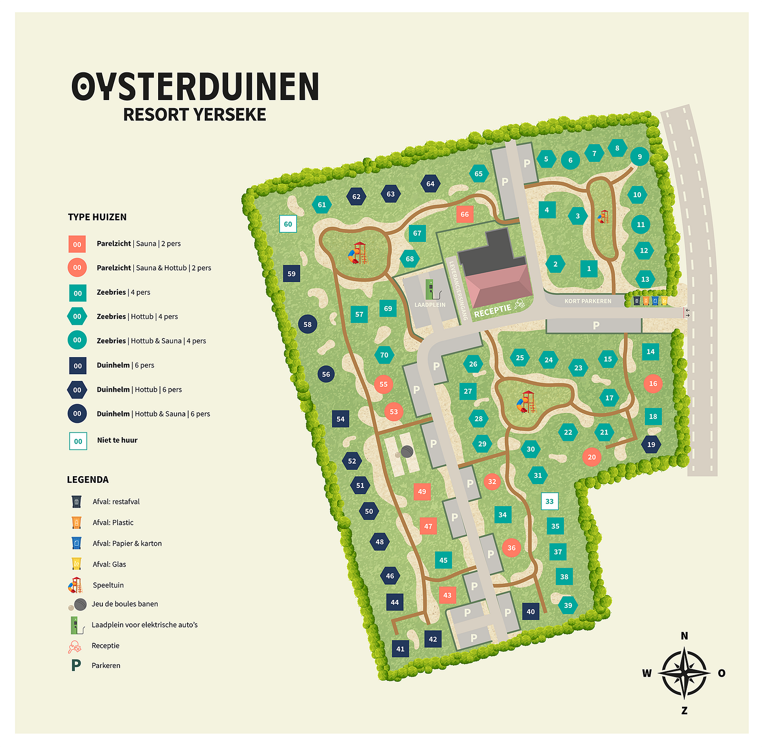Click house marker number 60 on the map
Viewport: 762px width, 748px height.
pyautogui.click(x=288, y=224)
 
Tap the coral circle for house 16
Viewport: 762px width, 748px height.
pyautogui.click(x=652, y=383)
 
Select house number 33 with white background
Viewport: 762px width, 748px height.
pyautogui.click(x=550, y=501)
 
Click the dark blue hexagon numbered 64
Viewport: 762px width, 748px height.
pyautogui.click(x=431, y=183)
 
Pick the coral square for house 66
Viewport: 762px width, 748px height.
pyautogui.click(x=464, y=214)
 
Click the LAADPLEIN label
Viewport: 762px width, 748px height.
pyautogui.click(x=430, y=305)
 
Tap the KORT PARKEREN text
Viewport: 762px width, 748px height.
pyautogui.click(x=588, y=301)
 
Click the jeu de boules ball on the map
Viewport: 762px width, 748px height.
pyautogui.click(x=406, y=451)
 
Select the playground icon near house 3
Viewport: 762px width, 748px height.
pyautogui.click(x=603, y=217)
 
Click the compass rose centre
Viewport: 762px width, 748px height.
pyautogui.click(x=684, y=673)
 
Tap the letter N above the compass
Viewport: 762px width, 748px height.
pyautogui.click(x=684, y=636)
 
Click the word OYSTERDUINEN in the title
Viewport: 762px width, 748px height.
pyautogui.click(x=195, y=87)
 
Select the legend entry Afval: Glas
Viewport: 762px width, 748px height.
pyautogui.click(x=110, y=564)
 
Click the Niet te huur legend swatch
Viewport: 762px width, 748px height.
pyautogui.click(x=78, y=441)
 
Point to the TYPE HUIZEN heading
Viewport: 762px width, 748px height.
pyautogui.click(x=97, y=217)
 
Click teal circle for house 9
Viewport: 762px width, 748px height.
pyautogui.click(x=639, y=156)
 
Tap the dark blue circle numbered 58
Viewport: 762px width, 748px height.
pyautogui.click(x=308, y=324)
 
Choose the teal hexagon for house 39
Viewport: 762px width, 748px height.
pyautogui.click(x=568, y=605)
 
